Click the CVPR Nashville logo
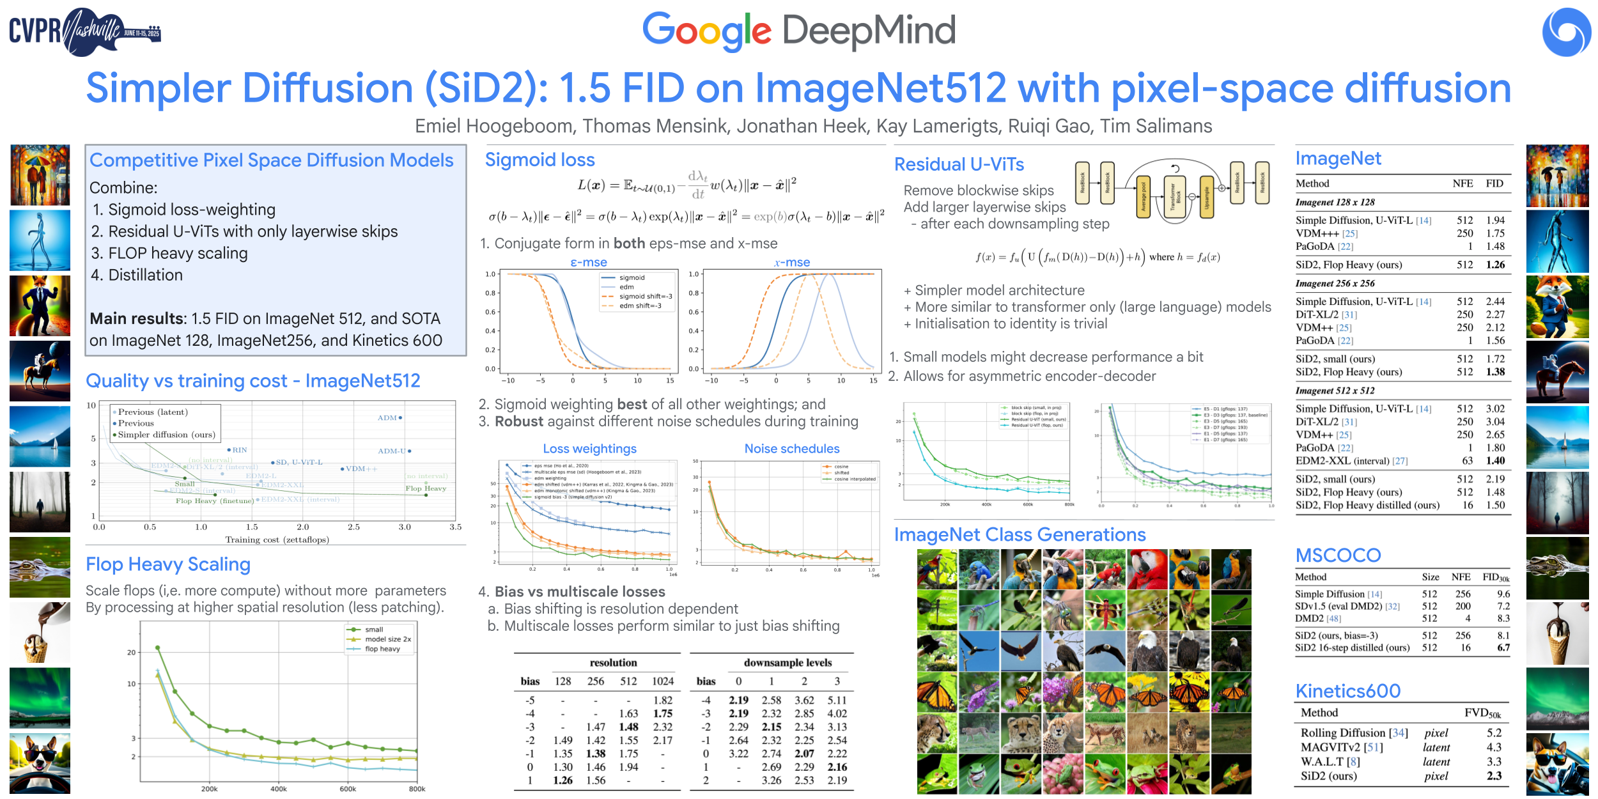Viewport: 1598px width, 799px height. [84, 31]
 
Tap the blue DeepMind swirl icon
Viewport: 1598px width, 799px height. [1566, 32]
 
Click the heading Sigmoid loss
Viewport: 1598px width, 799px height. [539, 160]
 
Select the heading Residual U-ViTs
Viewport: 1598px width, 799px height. [959, 165]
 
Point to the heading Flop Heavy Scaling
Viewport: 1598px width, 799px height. [168, 564]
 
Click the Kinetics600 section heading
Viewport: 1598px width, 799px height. [1347, 691]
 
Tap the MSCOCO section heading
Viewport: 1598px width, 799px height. [1338, 555]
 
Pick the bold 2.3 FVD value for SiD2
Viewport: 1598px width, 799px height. [1494, 776]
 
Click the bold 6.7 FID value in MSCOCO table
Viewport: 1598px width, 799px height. [1503, 648]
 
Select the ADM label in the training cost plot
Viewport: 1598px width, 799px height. [387, 418]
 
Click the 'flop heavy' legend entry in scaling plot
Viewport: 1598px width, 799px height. [382, 649]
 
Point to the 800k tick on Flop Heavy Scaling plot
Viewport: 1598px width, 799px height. [417, 789]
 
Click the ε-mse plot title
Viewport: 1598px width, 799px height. [588, 263]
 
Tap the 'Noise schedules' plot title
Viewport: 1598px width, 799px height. [791, 449]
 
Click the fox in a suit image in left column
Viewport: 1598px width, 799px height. [40, 306]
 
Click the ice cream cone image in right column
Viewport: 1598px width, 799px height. [1557, 633]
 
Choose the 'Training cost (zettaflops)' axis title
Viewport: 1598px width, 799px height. [277, 540]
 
